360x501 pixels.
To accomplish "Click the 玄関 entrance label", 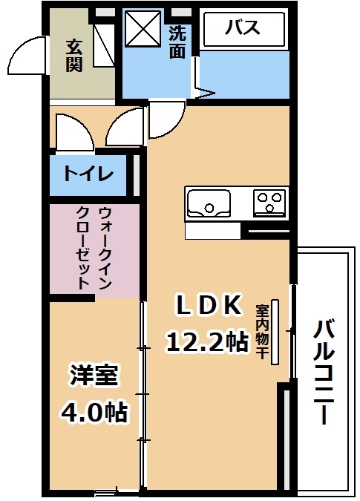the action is (74, 56).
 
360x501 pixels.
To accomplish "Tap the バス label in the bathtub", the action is (243, 27).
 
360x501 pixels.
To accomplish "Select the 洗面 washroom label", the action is (177, 42).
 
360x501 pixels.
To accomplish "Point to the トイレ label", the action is (88, 174).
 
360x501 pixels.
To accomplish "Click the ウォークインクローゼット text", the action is (94, 248).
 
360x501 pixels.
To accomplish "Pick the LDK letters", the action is (209, 306).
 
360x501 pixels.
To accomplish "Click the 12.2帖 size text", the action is (206, 341).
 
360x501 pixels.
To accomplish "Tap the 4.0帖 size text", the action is (94, 411).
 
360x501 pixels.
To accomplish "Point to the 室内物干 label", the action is (262, 332).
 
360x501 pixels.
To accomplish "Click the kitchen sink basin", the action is (209, 203).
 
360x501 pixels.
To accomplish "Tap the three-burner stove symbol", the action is (269, 203).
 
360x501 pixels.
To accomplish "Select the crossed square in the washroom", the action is (143, 29).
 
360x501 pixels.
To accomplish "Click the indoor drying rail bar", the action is (275, 332).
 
